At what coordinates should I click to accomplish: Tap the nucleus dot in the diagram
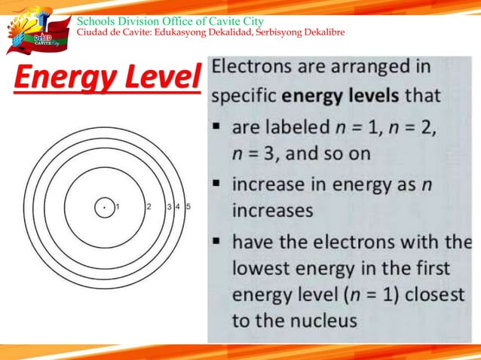104,206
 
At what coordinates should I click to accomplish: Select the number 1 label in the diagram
118,206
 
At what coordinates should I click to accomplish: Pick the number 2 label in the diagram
149,206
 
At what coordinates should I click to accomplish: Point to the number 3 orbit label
169,206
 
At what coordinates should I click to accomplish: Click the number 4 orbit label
178,206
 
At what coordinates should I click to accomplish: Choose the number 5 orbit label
188,206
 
